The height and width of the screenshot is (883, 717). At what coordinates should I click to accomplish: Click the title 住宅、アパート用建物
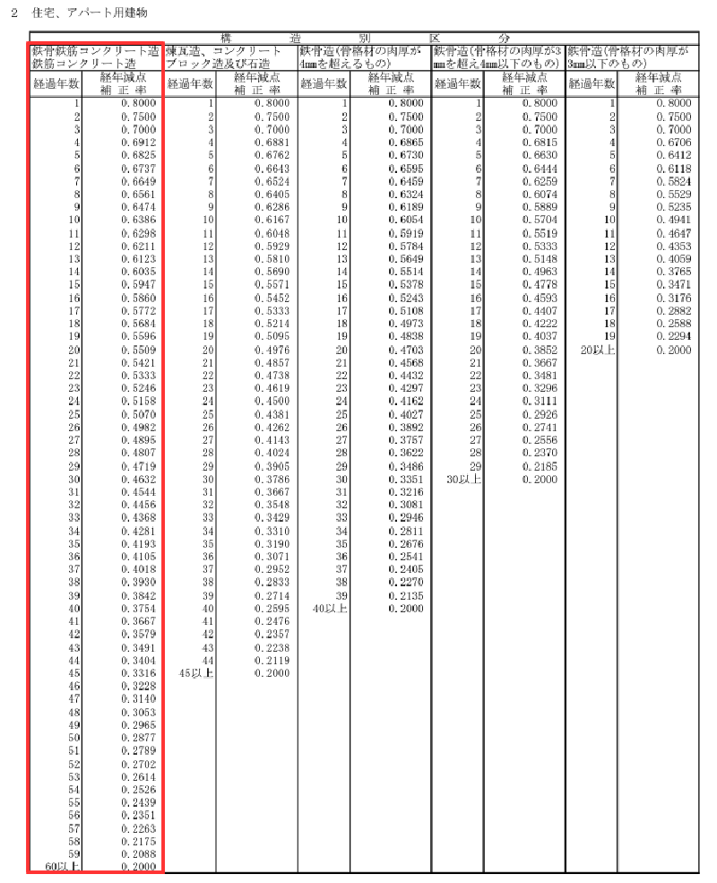tap(91, 13)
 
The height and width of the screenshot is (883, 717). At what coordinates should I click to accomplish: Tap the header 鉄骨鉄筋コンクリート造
tap(95, 51)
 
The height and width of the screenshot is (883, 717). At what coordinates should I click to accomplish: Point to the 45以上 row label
tap(197, 672)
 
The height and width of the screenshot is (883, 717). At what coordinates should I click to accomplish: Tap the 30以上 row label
tap(464, 479)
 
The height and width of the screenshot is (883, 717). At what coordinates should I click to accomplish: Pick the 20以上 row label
tap(598, 350)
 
